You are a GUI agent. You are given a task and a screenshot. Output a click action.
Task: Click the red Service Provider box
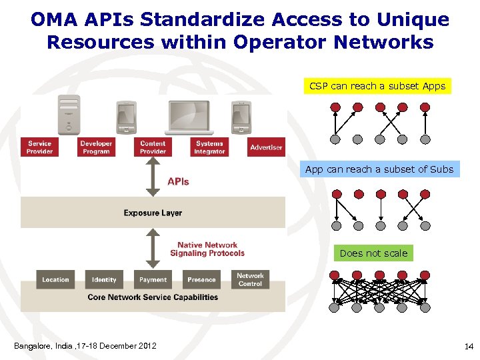39,147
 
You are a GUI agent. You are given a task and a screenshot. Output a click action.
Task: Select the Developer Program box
96,147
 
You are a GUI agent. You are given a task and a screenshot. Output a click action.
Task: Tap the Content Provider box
153,147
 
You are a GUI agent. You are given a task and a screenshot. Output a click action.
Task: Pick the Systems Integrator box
209,147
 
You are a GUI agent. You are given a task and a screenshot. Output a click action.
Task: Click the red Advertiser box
266,147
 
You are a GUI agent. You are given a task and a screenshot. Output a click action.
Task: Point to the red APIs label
178,181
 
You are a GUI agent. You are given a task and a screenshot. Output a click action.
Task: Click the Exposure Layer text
153,213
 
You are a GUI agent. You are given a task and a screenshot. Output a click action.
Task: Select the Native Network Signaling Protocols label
207,249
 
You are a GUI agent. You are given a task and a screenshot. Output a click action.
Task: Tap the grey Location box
55,279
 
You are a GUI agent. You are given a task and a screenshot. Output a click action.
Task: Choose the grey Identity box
104,279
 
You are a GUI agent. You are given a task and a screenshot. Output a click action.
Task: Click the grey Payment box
153,279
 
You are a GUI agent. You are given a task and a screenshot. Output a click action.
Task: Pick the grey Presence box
201,279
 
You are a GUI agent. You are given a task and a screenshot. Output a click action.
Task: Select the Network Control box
250,279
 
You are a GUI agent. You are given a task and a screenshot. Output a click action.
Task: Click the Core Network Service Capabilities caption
153,297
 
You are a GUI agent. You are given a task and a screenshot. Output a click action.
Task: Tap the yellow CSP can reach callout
377,86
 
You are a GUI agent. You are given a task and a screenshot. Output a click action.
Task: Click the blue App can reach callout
379,169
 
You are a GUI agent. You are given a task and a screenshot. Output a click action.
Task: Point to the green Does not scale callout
373,253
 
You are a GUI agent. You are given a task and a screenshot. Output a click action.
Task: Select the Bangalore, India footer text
85,345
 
